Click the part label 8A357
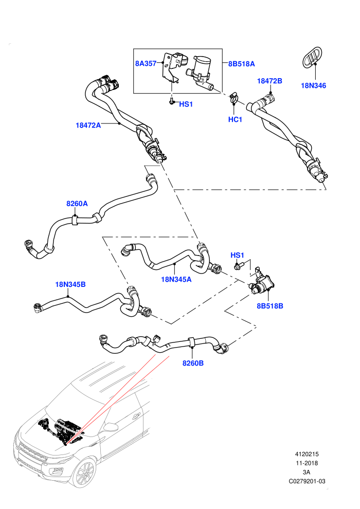tap(146, 64)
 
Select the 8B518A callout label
tap(242, 64)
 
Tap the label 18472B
tap(269, 81)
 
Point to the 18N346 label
tap(313, 86)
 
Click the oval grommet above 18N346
tap(312, 58)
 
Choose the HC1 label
tap(235, 119)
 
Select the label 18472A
tap(88, 125)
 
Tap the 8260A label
tap(77, 204)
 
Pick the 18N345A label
tap(176, 279)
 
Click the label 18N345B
tap(70, 284)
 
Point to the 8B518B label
tap(270, 306)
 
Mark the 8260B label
tap(193, 363)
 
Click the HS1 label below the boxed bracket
tap(186, 104)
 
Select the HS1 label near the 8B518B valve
tap(237, 255)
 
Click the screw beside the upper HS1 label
tap(172, 102)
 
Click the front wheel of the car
tap(83, 472)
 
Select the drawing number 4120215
tap(307, 454)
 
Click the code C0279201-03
tap(307, 481)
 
